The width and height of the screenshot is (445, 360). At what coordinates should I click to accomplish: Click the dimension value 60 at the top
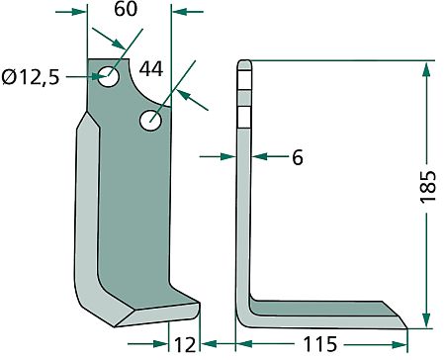click(126, 9)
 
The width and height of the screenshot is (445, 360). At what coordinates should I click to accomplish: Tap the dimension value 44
click(151, 69)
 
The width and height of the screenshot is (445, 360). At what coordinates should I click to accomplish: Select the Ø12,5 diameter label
click(31, 77)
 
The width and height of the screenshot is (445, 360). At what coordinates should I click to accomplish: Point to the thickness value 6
click(298, 157)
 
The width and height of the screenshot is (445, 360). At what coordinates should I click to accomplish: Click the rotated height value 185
click(428, 187)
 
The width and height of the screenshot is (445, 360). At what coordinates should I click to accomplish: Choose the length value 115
click(320, 344)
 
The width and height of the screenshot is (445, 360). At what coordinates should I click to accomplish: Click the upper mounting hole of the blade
click(109, 76)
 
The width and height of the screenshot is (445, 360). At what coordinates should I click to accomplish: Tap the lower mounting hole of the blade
click(150, 121)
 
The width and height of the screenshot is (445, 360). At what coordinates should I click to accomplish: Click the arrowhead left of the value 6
click(228, 156)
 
